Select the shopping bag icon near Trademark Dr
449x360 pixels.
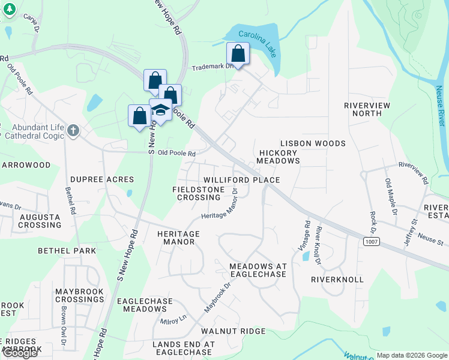click(x=238, y=53)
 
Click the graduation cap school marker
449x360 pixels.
click(x=160, y=109)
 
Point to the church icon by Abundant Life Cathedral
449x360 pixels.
click(x=73, y=131)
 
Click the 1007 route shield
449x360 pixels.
click(x=371, y=241)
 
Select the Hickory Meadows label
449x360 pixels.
click(x=279, y=157)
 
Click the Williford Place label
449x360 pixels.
click(x=241, y=180)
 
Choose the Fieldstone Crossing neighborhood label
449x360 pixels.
click(x=199, y=193)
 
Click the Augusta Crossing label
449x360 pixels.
click(x=40, y=221)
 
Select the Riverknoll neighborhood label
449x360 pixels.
click(x=337, y=280)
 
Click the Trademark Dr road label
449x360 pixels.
click(x=212, y=67)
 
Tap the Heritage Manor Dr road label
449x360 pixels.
click(x=220, y=206)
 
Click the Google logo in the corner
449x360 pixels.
click(x=20, y=353)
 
